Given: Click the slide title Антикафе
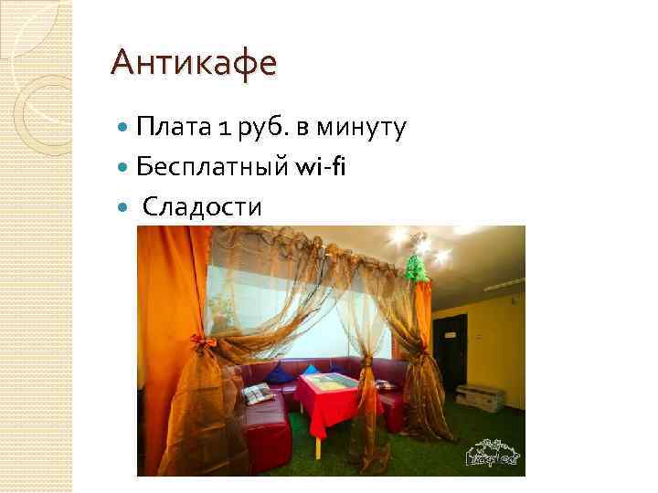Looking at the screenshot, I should tap(192, 63).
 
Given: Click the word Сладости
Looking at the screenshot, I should tap(201, 207).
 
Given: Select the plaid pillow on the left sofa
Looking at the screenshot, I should tap(257, 393).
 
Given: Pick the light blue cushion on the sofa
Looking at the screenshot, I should tap(282, 372).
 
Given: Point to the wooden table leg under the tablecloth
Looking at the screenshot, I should tap(317, 446).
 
